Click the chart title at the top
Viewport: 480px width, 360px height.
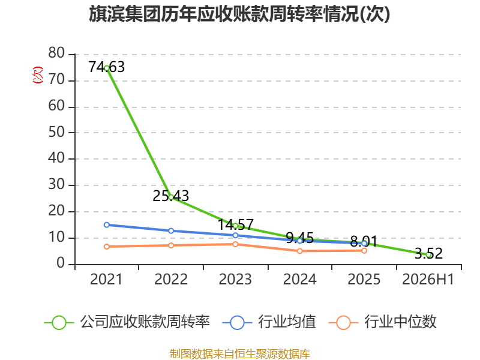239,14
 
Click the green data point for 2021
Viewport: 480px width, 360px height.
107,68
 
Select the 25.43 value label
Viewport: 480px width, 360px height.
171,196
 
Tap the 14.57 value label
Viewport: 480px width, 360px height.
235,224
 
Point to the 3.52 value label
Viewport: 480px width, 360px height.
428,253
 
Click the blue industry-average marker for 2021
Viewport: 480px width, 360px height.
107,225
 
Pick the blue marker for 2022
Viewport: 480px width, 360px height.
171,231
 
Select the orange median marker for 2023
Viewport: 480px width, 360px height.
235,244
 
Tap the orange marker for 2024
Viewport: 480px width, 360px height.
299,251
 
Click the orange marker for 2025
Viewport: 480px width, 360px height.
364,251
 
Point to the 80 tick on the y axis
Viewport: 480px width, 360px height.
56,53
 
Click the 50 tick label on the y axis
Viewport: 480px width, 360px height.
56,132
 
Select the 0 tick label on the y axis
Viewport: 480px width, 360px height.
61,263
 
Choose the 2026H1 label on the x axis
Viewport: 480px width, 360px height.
428,280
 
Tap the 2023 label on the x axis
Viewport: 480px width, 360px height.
235,280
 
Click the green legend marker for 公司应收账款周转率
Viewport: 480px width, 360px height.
59,323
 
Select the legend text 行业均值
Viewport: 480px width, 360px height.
287,322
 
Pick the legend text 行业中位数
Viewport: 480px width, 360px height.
400,322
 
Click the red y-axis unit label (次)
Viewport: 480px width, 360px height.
38,75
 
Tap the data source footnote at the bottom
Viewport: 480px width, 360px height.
239,354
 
